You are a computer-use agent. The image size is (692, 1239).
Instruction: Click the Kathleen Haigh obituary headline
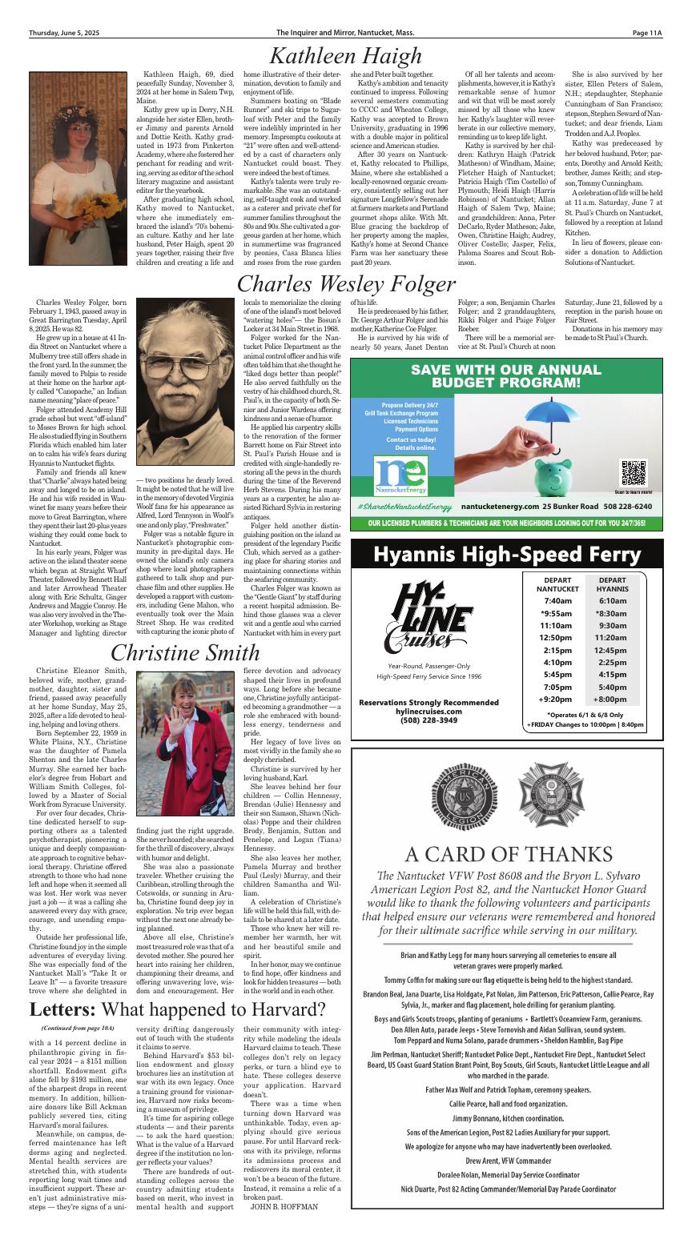[x=345, y=55]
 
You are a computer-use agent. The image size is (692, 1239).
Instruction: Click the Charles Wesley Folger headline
[x=346, y=283]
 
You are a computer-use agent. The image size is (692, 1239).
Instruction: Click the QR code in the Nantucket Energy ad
[x=633, y=473]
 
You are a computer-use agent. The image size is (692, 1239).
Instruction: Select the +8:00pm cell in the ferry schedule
[x=612, y=699]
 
